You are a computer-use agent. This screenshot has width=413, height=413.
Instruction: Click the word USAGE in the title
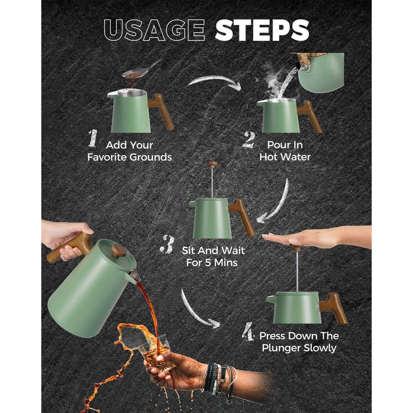point(154,30)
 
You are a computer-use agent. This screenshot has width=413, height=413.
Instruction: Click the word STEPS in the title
point(262,30)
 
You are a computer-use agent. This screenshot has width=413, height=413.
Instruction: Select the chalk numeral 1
point(93,138)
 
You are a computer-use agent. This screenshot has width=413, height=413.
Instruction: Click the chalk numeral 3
point(167,244)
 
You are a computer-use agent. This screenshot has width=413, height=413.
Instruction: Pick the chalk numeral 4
point(248,331)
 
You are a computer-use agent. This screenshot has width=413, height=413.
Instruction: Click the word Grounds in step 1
point(151,157)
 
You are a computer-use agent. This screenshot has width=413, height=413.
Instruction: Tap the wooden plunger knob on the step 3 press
point(212,164)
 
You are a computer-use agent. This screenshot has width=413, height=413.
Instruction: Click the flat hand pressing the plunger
point(316,239)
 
